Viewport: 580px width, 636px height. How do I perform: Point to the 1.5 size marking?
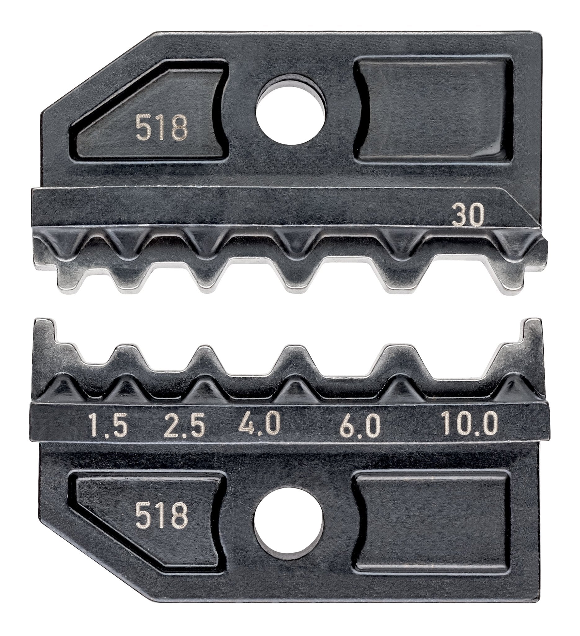pos(107,425)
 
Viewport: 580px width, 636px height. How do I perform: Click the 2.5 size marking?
pos(185,425)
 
